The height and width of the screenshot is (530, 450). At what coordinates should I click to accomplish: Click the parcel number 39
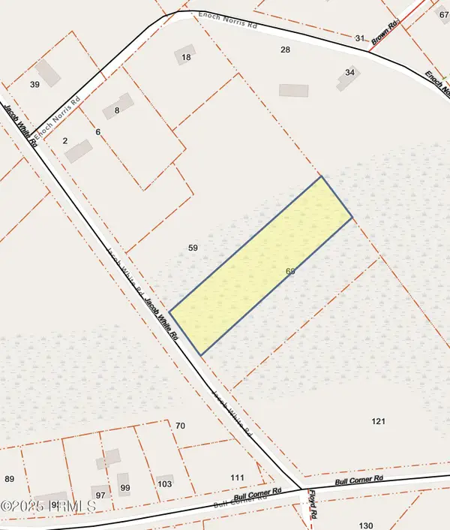[x=34, y=85]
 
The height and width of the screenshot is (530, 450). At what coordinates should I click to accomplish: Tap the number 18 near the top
[x=187, y=57]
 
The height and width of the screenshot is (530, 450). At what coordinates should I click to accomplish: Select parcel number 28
[x=285, y=50]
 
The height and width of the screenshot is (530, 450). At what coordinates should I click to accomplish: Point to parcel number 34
[x=349, y=72]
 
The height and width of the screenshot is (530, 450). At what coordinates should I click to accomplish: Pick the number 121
[x=378, y=421]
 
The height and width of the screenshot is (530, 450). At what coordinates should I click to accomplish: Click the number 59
[x=193, y=248]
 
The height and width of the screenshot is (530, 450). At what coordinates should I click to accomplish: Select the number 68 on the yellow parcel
[x=290, y=271]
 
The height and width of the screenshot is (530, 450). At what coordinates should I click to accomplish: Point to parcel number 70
[x=180, y=426]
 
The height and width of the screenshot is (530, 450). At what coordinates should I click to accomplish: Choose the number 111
[x=238, y=477]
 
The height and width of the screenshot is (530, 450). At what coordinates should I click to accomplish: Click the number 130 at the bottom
[x=366, y=525]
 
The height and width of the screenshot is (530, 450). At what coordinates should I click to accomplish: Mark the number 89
[x=10, y=479]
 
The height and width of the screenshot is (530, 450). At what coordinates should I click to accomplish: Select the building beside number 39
[x=49, y=73]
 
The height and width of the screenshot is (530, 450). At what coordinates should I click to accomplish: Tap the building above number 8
[x=120, y=102]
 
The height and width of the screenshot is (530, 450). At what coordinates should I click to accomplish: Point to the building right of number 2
[x=78, y=151]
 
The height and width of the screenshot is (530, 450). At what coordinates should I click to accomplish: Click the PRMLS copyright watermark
[x=48, y=507]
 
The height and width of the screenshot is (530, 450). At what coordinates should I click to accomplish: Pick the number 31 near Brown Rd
[x=359, y=38]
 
